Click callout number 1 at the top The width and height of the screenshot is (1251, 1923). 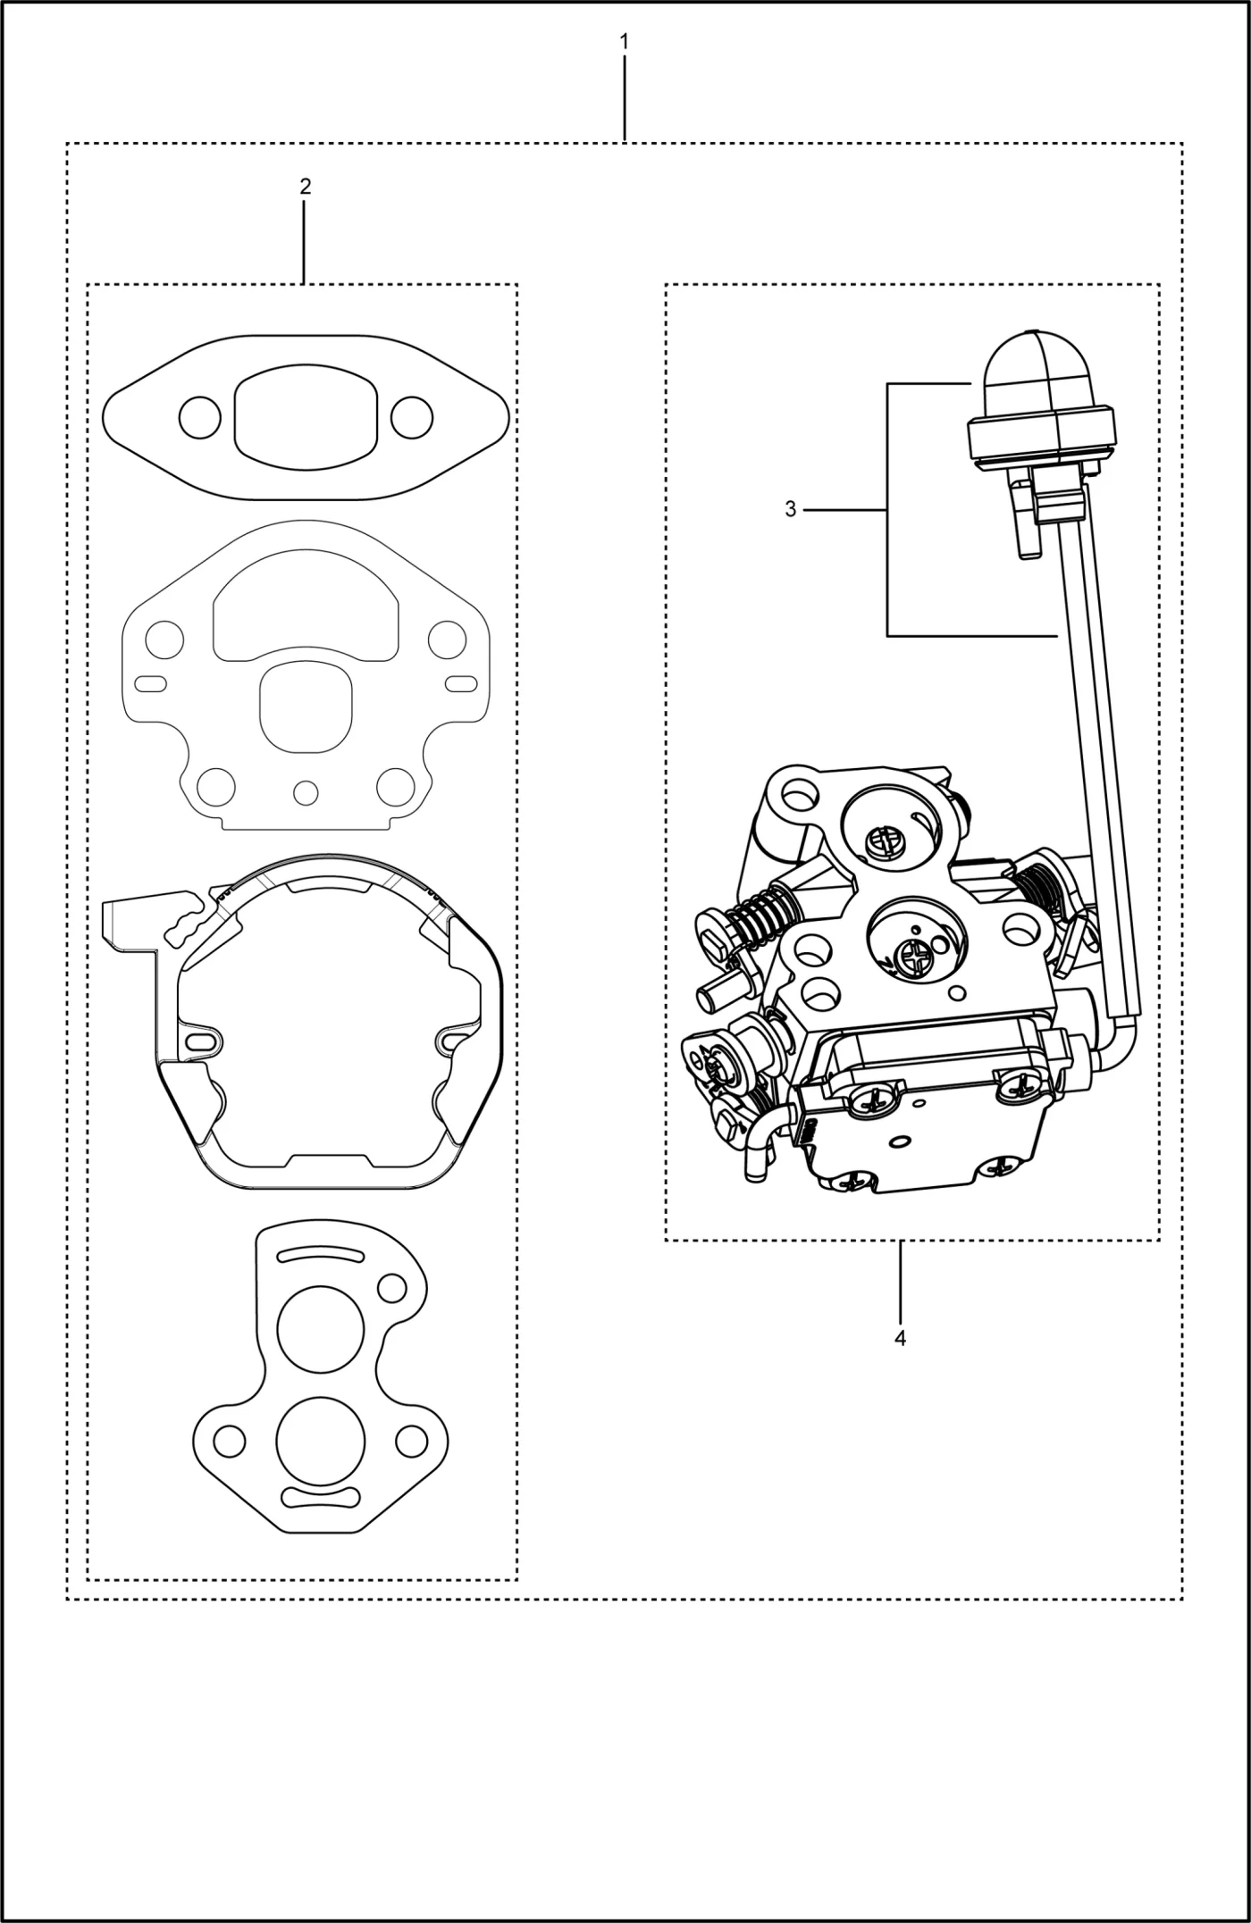click(624, 41)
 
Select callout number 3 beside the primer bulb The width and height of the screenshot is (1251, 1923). click(790, 509)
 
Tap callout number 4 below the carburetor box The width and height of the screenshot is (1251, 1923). click(900, 1338)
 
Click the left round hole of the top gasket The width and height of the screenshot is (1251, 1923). click(199, 416)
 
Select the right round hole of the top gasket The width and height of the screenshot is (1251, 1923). click(412, 416)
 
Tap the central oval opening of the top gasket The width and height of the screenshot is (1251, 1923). click(306, 416)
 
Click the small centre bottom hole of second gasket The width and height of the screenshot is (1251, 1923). click(306, 791)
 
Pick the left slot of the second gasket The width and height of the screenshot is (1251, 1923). click(150, 684)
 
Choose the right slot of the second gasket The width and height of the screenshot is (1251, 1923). click(461, 684)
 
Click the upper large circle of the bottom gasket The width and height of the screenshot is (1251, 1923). click(321, 1328)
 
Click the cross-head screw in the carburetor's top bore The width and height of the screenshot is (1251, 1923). click(885, 840)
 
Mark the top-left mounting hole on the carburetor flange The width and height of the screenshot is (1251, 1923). click(798, 791)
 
